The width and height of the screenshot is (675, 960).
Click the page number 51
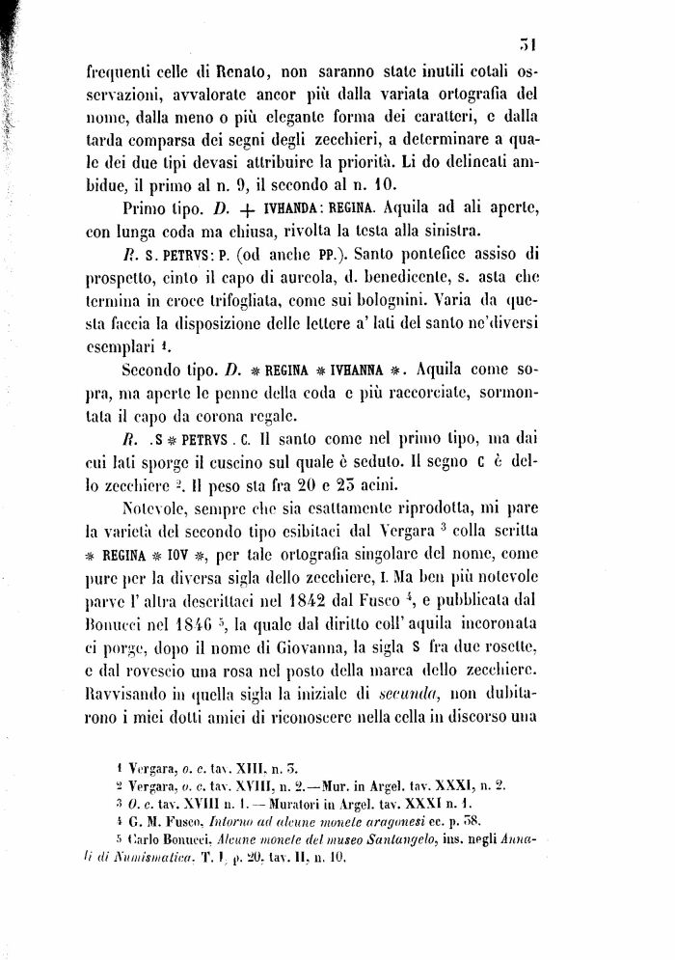(x=526, y=42)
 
